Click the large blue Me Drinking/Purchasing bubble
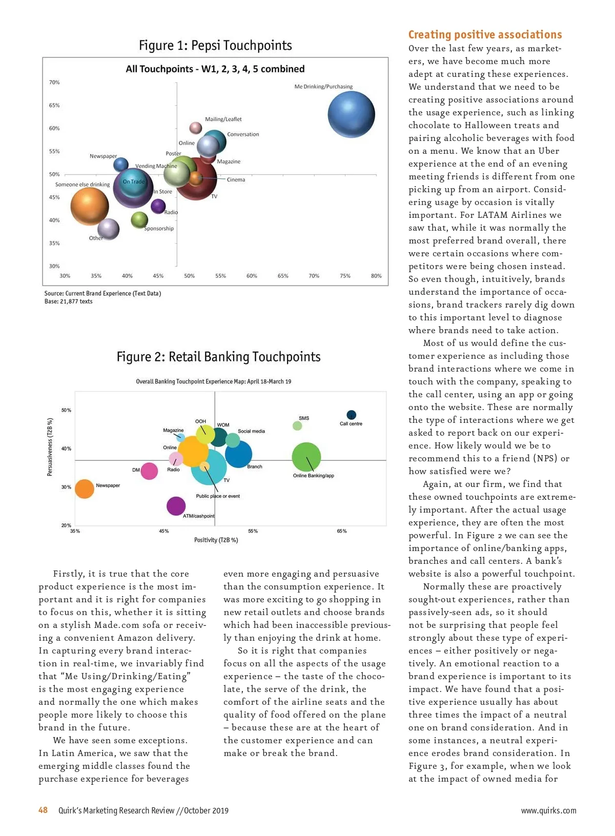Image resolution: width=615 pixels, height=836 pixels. [x=351, y=115]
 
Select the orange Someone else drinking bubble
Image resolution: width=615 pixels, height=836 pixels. [x=90, y=207]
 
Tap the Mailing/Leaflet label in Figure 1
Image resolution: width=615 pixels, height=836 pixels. [x=223, y=119]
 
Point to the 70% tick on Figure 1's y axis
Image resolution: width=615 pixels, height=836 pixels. [x=54, y=83]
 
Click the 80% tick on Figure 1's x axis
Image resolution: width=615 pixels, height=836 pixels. [x=376, y=276]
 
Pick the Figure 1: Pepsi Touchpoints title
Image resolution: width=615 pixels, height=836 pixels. [x=215, y=46]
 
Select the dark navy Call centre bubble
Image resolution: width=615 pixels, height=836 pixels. [x=351, y=415]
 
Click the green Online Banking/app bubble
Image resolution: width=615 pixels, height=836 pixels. [x=306, y=457]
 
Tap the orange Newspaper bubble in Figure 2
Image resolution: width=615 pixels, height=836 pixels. [x=85, y=489]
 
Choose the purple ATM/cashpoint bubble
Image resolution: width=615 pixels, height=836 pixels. [x=176, y=506]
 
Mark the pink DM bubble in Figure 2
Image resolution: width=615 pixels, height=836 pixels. [x=149, y=471]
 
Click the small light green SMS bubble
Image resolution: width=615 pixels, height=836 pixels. [x=297, y=425]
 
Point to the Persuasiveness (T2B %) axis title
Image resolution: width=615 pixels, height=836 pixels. [x=50, y=447]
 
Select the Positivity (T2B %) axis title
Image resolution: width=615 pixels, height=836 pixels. [x=216, y=540]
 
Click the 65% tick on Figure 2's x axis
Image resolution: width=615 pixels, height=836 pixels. [x=342, y=531]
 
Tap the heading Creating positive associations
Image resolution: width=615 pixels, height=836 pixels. [x=485, y=35]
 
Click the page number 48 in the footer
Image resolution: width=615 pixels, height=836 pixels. [x=43, y=810]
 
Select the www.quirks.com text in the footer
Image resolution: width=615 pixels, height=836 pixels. [x=548, y=810]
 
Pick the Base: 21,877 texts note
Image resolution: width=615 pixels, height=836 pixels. [x=69, y=301]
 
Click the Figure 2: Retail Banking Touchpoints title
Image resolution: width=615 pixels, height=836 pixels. [x=218, y=357]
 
